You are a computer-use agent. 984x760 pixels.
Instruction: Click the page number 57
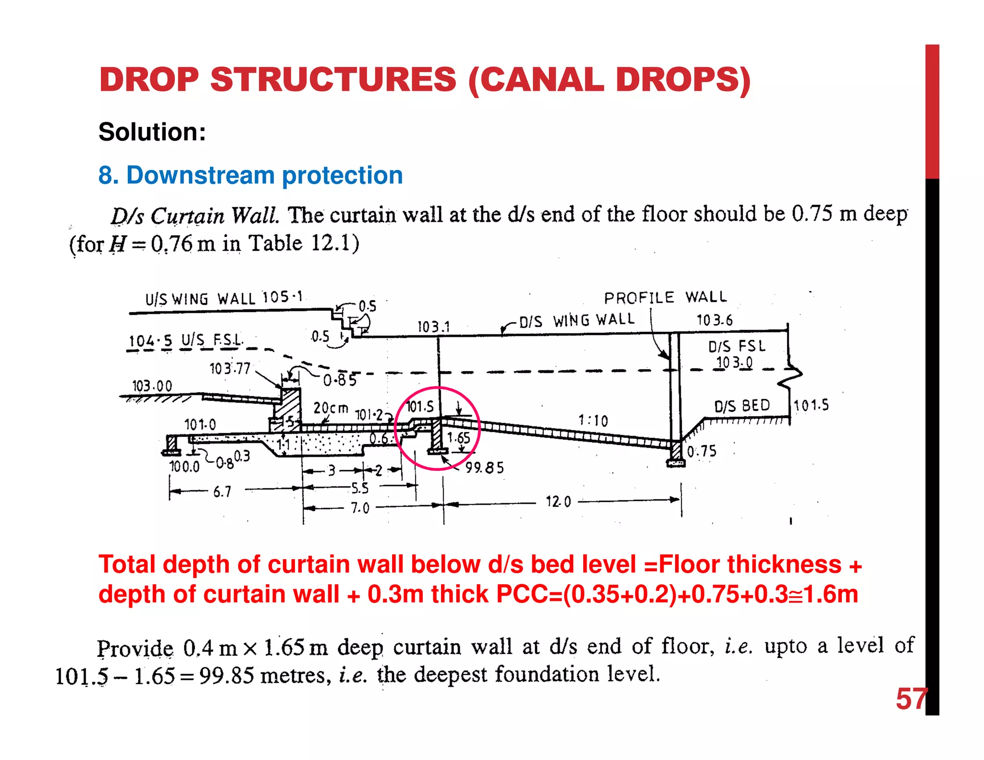pos(910,699)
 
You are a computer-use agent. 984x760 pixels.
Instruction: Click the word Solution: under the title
pos(152,132)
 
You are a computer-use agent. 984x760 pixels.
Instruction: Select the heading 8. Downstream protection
pos(250,175)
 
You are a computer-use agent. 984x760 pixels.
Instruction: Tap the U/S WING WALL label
pos(200,299)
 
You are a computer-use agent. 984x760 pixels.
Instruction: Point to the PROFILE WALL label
pos(665,297)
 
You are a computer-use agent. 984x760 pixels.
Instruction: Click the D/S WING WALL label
pos(577,320)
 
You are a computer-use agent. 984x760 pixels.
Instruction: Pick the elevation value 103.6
pos(714,320)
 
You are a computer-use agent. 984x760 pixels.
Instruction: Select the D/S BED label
pos(741,406)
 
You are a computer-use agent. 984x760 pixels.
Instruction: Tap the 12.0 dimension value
pos(558,502)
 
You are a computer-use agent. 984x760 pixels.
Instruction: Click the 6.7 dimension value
pos(222,492)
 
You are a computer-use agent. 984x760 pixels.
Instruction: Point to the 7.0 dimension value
pos(360,508)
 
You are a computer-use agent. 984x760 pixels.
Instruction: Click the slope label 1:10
pos(593,421)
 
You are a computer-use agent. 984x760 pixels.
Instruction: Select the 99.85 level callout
pos(484,468)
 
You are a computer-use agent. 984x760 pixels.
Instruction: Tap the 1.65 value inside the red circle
pos(458,438)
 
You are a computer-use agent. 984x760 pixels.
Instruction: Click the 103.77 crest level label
pos(230,369)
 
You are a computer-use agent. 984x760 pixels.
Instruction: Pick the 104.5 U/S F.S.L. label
pos(185,341)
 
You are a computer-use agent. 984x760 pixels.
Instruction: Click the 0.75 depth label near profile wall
pos(701,452)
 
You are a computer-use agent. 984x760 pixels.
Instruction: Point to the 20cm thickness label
pos(331,408)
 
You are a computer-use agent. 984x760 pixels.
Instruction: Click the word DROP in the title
pos(149,80)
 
